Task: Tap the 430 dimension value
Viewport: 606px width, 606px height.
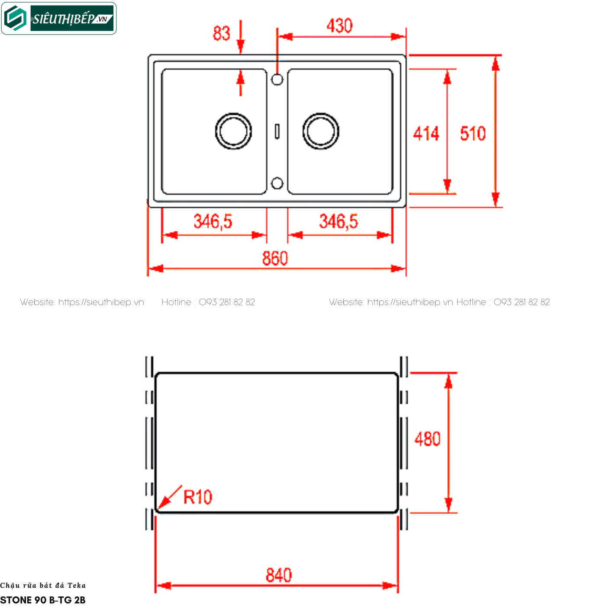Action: (x=339, y=26)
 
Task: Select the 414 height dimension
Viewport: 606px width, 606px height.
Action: (x=426, y=133)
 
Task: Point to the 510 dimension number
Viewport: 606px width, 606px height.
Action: (x=473, y=133)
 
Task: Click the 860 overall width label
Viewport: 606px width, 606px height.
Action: (x=275, y=258)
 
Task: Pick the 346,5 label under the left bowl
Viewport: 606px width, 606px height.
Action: (x=213, y=221)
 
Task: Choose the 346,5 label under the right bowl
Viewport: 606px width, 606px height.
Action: (x=338, y=221)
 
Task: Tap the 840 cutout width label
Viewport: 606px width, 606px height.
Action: (x=279, y=575)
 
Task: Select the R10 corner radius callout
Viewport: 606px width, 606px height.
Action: (x=197, y=497)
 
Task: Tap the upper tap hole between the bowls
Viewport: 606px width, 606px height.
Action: (x=277, y=80)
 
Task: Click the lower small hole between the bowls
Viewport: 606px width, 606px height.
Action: (x=277, y=184)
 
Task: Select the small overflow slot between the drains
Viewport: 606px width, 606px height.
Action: (x=277, y=131)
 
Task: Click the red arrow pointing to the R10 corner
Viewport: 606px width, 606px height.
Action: (x=170, y=497)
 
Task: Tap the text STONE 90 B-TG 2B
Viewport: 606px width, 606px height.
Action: (x=43, y=600)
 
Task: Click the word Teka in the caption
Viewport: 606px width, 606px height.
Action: (x=77, y=585)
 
